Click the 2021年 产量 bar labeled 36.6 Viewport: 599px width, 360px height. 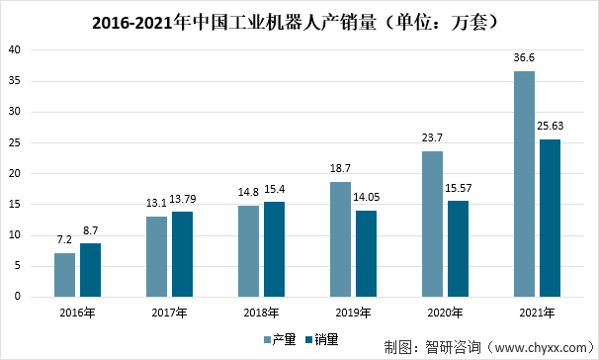coord(524,184)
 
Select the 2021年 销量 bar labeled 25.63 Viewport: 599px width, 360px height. coord(550,218)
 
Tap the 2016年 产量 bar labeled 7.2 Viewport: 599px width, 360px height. coord(64,274)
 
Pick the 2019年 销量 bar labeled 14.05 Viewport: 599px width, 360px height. coord(366,253)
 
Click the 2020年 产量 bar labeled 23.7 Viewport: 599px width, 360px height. coord(432,224)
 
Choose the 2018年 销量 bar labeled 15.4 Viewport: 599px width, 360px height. coord(274,249)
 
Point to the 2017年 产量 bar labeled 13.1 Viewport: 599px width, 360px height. coord(156,256)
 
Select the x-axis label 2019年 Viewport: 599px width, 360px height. coord(354,312)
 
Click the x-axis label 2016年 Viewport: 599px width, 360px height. coord(77,312)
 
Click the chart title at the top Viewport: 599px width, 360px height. coord(299,19)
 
